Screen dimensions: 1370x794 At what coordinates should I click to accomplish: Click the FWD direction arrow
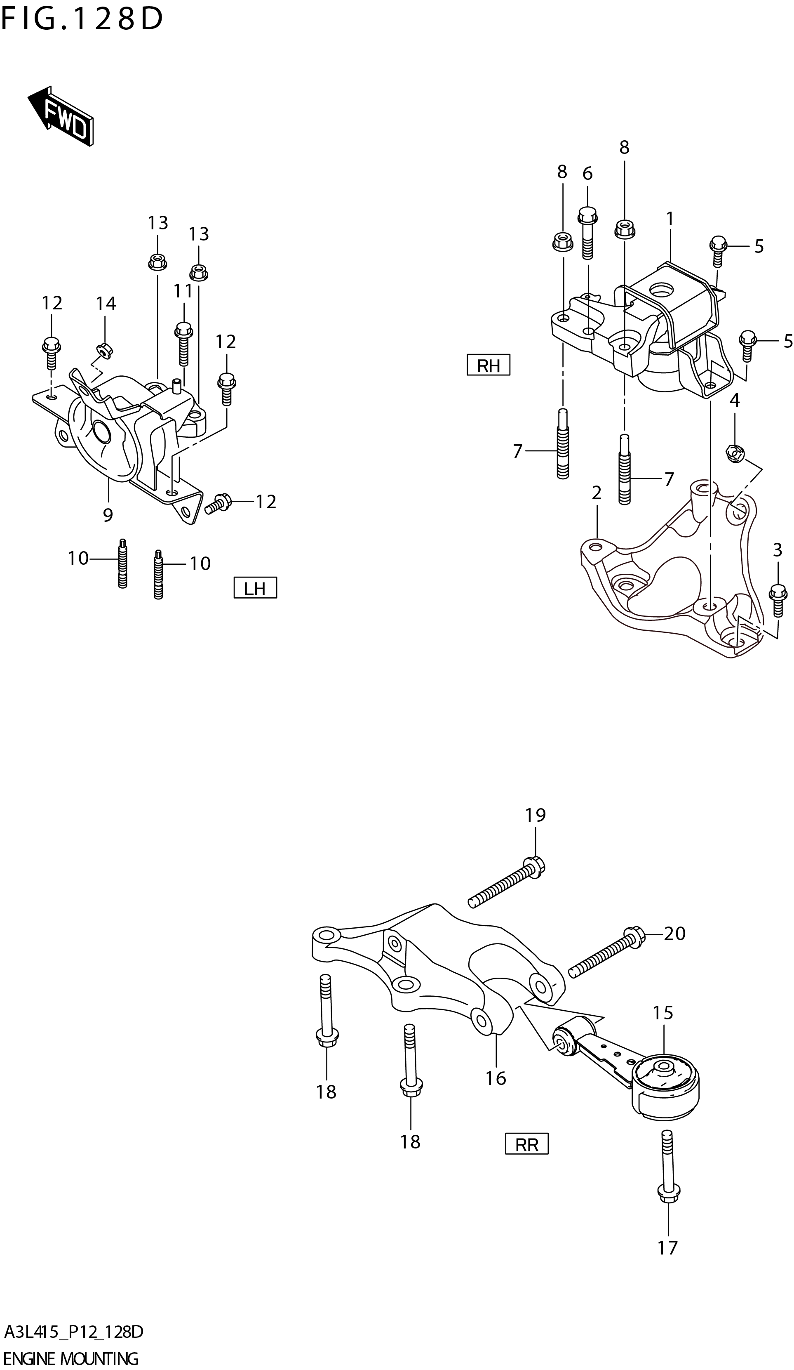tap(61, 116)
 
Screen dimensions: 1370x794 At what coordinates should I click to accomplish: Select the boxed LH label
tap(254, 588)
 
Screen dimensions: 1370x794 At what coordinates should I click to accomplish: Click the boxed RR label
tap(526, 1144)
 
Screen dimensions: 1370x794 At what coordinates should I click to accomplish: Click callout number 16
tap(496, 1078)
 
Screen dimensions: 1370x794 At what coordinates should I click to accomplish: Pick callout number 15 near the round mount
tap(662, 1013)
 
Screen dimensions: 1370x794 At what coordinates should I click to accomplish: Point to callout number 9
tap(108, 514)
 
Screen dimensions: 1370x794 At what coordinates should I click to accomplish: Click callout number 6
tap(587, 173)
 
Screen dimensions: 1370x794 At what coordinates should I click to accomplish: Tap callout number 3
tap(777, 550)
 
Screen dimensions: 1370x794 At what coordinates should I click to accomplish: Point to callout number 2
tap(596, 493)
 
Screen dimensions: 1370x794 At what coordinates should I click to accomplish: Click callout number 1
tap(669, 219)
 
